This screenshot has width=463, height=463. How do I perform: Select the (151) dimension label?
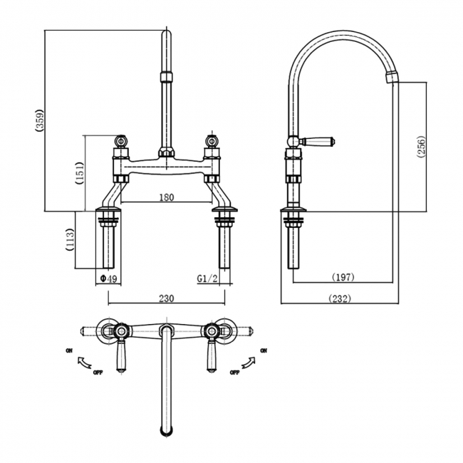[x=80, y=172]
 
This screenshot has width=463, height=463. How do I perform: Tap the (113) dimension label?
[x=70, y=239]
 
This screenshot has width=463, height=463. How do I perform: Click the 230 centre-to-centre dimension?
[x=167, y=299]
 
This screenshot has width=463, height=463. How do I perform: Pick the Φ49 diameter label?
[x=108, y=279]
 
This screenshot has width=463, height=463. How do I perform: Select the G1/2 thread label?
[x=208, y=279]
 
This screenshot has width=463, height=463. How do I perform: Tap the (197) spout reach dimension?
[x=343, y=276]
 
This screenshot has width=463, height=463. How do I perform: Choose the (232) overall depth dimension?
[x=339, y=299]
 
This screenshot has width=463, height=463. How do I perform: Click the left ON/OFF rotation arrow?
[x=84, y=361]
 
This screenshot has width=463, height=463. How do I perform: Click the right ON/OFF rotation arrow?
[x=249, y=361]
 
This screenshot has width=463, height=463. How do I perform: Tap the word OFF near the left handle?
[x=98, y=372]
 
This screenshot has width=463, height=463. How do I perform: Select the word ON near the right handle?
[x=264, y=350]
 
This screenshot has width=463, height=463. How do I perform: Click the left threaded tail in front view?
[x=108, y=246]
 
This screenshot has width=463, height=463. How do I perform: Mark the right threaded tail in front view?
[x=224, y=246]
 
